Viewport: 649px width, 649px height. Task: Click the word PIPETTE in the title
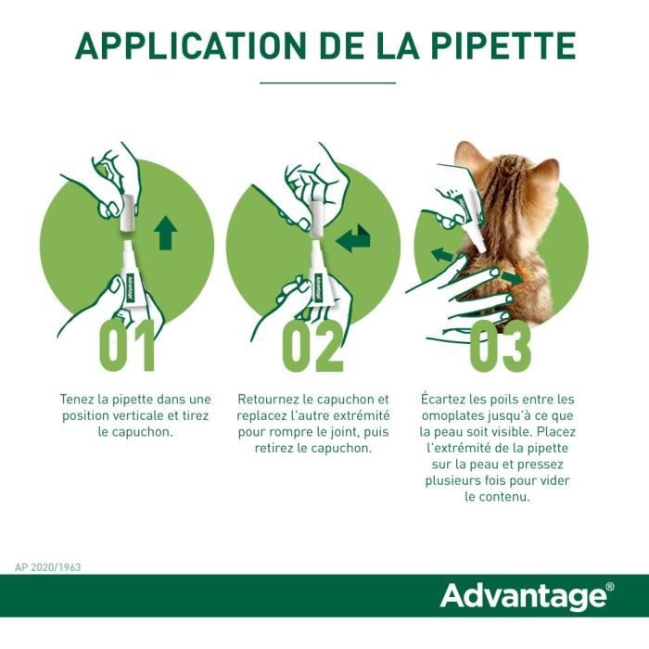pyautogui.click(x=503, y=45)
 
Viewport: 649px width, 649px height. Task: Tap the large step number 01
pyautogui.click(x=127, y=346)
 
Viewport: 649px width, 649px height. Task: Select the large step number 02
pyautogui.click(x=312, y=346)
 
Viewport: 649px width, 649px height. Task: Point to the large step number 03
pyautogui.click(x=500, y=346)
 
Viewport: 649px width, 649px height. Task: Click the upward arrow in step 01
pyautogui.click(x=166, y=233)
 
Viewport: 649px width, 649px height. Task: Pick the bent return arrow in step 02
pyautogui.click(x=353, y=238)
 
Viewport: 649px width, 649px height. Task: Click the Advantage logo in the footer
pyautogui.click(x=524, y=596)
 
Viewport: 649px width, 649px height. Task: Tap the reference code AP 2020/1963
pyautogui.click(x=47, y=567)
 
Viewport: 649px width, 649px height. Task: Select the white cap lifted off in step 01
pyautogui.click(x=127, y=212)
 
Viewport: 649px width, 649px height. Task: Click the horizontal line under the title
pyautogui.click(x=327, y=83)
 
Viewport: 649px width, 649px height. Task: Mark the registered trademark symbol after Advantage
pyautogui.click(x=610, y=587)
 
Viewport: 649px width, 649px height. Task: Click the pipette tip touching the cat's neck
pyautogui.click(x=481, y=248)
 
